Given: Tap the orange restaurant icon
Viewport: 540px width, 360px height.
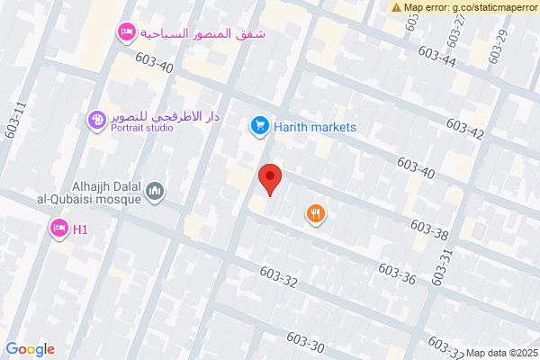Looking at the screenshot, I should point(315,213).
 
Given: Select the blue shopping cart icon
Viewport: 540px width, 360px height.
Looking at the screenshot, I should point(259,127).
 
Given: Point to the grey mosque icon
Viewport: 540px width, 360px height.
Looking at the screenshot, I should point(156,191).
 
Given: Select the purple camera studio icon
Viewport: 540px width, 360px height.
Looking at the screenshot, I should point(96,119).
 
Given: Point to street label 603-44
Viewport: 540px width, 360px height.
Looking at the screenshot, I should point(437,57).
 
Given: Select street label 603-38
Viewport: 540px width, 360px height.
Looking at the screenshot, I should point(428,229).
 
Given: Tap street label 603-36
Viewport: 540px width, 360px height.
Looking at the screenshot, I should point(397,274).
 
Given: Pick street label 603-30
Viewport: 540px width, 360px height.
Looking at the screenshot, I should point(305,342).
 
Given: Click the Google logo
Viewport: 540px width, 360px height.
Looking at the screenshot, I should point(31,349).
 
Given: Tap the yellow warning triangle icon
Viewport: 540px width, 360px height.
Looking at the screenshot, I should point(397,7).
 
